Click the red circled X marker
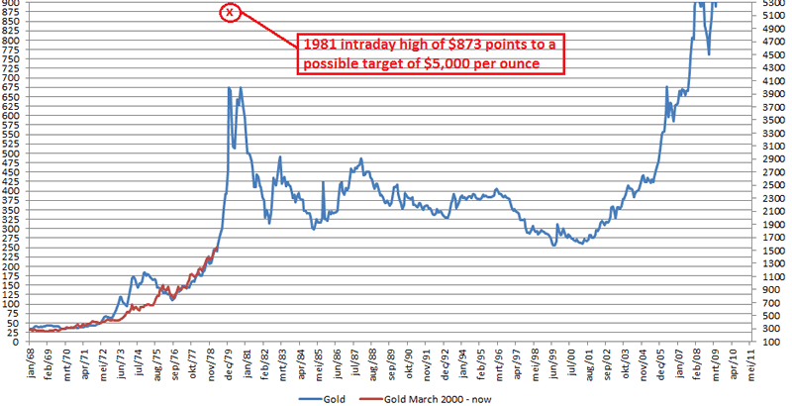point(230,13)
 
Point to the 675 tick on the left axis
point(12,88)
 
